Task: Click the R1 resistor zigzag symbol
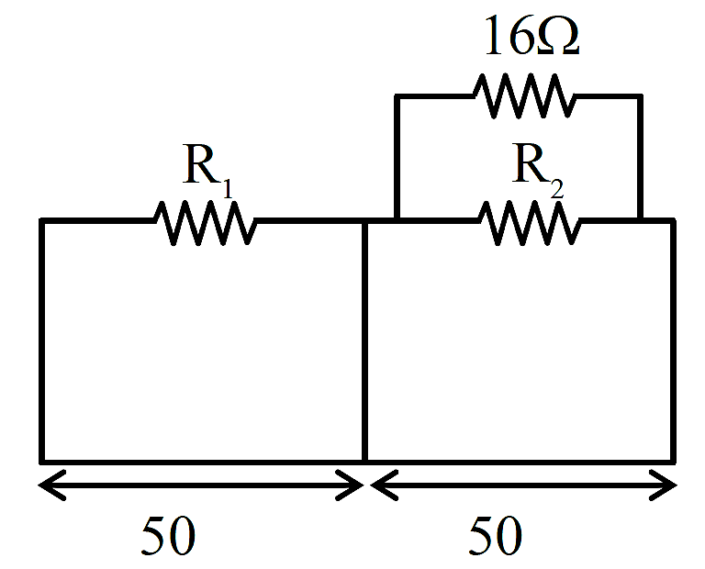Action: tap(205, 223)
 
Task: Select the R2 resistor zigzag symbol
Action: tap(530, 223)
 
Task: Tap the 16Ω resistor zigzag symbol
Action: tap(524, 95)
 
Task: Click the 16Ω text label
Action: tap(532, 36)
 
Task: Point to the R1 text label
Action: tap(207, 171)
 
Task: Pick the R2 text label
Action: tap(538, 171)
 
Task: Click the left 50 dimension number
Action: tap(168, 535)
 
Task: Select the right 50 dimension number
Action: tap(496, 535)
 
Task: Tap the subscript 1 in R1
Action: tap(228, 189)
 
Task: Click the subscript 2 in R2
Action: tap(556, 189)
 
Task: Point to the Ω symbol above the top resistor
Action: tap(558, 37)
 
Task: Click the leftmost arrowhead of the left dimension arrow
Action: tap(39, 485)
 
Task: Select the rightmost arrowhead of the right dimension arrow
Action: tap(677, 485)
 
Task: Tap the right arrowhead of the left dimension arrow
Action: tap(364, 485)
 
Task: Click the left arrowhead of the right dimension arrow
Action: tap(371, 485)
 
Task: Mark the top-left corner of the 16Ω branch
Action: tap(397, 96)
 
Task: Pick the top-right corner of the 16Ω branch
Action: tap(640, 96)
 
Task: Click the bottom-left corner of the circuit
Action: tap(42, 461)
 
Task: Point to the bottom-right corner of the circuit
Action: tap(673, 461)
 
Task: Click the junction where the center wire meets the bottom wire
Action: tap(364, 461)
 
